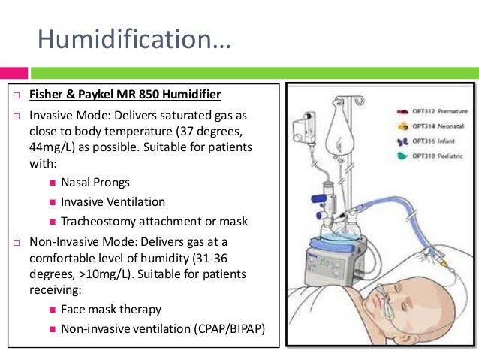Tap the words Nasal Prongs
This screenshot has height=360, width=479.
point(95,183)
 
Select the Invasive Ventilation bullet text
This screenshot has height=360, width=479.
point(113,202)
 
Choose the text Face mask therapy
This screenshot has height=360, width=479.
point(111,310)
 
